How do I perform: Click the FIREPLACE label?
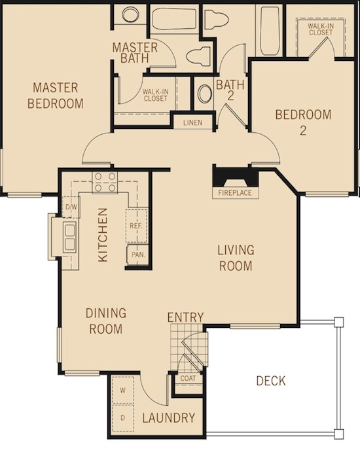tap(234, 193)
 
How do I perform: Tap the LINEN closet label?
tap(192, 122)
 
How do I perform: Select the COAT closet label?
tap(188, 379)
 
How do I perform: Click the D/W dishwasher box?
tap(71, 207)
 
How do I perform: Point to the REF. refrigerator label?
tap(136, 226)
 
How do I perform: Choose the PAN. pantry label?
tap(138, 255)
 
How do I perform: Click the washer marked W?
tap(123, 391)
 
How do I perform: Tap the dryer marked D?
tap(123, 418)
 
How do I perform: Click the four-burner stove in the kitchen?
tap(105, 183)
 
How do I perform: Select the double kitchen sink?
tap(69, 237)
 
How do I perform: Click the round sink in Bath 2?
tap(204, 94)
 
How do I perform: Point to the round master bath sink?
tap(130, 14)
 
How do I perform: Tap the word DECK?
tap(271, 381)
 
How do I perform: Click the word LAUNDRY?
tap(169, 418)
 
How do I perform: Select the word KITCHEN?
tap(103, 234)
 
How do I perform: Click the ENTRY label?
tap(185, 317)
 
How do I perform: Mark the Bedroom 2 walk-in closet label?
tap(321, 29)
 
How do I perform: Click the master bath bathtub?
tap(174, 19)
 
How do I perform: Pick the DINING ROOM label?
tap(106, 321)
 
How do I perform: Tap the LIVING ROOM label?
tap(236, 258)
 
